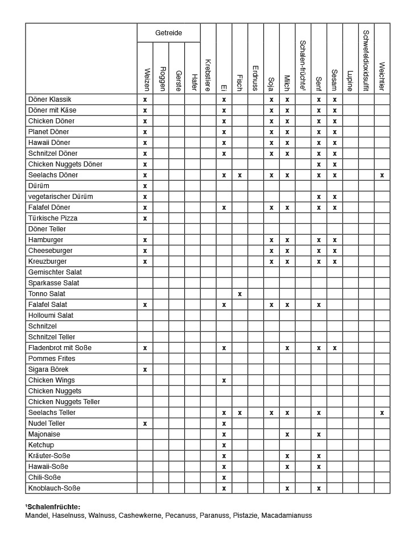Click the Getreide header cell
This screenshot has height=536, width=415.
click(169, 33)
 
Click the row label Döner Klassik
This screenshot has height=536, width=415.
click(50, 99)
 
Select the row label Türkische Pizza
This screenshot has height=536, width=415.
click(53, 218)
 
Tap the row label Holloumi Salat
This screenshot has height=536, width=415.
click(51, 315)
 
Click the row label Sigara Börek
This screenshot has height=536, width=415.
click(48, 369)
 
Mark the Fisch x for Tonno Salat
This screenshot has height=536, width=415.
click(240, 294)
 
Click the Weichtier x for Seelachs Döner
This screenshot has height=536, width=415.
click(382, 175)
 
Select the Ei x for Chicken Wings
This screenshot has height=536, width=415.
click(224, 380)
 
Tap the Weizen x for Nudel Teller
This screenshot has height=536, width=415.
click(145, 423)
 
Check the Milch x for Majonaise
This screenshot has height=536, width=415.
click(287, 434)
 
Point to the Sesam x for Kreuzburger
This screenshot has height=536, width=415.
click(335, 261)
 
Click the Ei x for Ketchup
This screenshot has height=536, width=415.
click(224, 445)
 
